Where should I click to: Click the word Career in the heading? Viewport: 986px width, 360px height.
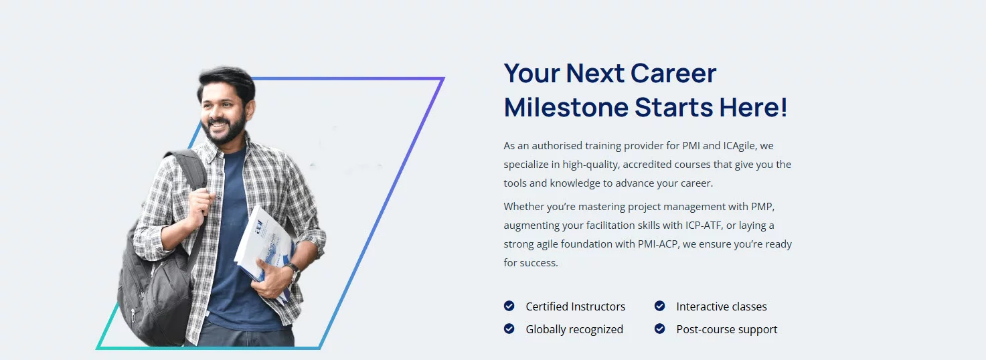(673, 73)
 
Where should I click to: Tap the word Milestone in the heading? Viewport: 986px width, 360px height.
(566, 107)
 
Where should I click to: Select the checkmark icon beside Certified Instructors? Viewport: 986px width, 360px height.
(509, 306)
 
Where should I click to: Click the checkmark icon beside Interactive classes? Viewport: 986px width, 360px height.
(659, 306)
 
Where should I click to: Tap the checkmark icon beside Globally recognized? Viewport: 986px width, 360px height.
(509, 329)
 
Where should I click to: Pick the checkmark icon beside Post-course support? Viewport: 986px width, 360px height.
(659, 329)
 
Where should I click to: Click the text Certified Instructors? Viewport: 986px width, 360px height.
(575, 306)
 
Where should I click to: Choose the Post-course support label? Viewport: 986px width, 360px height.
(727, 330)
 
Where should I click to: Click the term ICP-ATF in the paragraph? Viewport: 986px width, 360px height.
(704, 226)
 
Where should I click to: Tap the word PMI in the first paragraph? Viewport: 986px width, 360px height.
(691, 146)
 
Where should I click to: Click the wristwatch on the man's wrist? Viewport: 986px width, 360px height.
(293, 271)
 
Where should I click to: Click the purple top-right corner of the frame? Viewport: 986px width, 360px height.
(443, 79)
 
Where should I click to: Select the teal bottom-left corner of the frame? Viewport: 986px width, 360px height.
(98, 348)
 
